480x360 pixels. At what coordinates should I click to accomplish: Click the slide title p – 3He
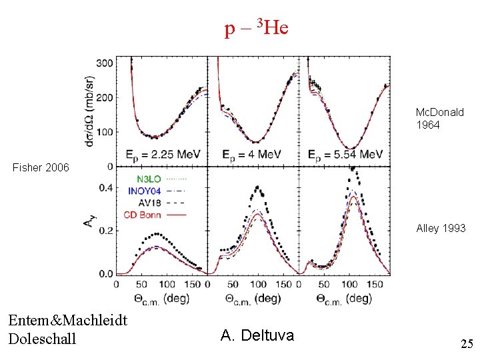pyautogui.click(x=257, y=29)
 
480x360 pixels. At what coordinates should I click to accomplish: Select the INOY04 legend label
pyautogui.click(x=145, y=191)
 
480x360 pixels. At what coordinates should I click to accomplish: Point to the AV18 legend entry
pyautogui.click(x=150, y=203)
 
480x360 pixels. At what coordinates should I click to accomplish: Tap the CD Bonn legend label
pyautogui.click(x=143, y=215)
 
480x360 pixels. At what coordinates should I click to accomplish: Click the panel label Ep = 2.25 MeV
pyautogui.click(x=163, y=155)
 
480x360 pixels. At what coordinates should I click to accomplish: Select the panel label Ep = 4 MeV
pyautogui.click(x=251, y=155)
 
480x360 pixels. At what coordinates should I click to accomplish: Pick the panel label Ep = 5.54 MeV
pyautogui.click(x=345, y=155)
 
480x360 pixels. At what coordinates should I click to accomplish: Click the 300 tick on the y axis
pyautogui.click(x=105, y=63)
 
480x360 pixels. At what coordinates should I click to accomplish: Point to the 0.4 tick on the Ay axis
pyautogui.click(x=106, y=187)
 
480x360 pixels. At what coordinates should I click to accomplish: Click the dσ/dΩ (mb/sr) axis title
pyautogui.click(x=89, y=111)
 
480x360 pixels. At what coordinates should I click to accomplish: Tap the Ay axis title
pyautogui.click(x=89, y=221)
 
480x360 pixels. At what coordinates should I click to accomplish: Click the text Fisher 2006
pyautogui.click(x=41, y=167)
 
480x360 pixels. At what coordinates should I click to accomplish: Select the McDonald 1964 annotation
pyautogui.click(x=439, y=119)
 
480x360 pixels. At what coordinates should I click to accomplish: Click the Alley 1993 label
pyautogui.click(x=441, y=229)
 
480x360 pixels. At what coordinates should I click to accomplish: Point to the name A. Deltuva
pyautogui.click(x=257, y=335)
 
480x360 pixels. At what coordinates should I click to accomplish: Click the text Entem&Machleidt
pyautogui.click(x=68, y=321)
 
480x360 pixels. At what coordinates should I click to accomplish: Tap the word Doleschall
pyautogui.click(x=42, y=339)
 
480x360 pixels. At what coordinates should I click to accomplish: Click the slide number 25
pyautogui.click(x=467, y=344)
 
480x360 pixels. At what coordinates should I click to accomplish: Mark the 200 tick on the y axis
pyautogui.click(x=105, y=98)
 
